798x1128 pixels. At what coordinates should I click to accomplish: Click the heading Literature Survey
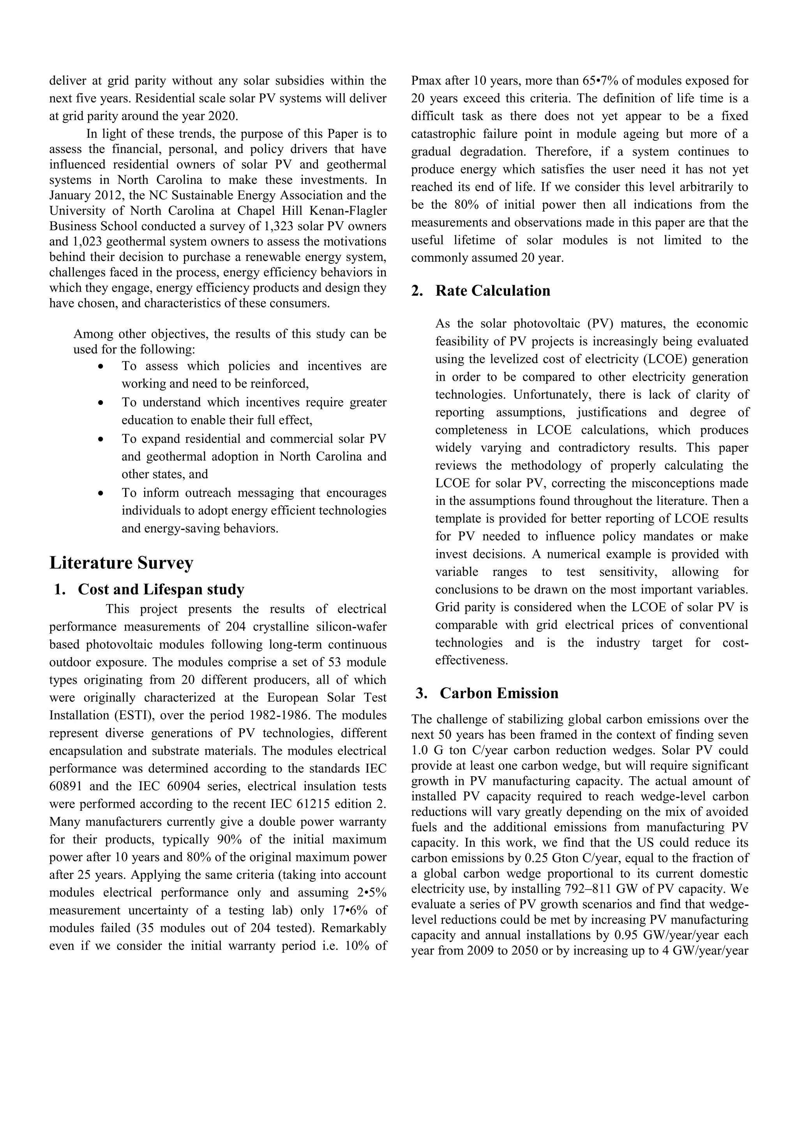pyautogui.click(x=121, y=563)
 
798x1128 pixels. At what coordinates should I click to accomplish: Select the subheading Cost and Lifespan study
pyautogui.click(x=160, y=589)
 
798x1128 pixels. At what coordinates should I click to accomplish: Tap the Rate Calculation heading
pyautogui.click(x=493, y=290)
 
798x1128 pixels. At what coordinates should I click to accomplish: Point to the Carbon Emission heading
pyautogui.click(x=499, y=693)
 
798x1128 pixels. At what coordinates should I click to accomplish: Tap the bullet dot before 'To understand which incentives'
pyautogui.click(x=101, y=403)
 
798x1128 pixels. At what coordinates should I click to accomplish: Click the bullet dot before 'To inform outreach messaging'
pyautogui.click(x=101, y=493)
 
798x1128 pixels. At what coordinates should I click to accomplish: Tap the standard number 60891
pyautogui.click(x=65, y=786)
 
